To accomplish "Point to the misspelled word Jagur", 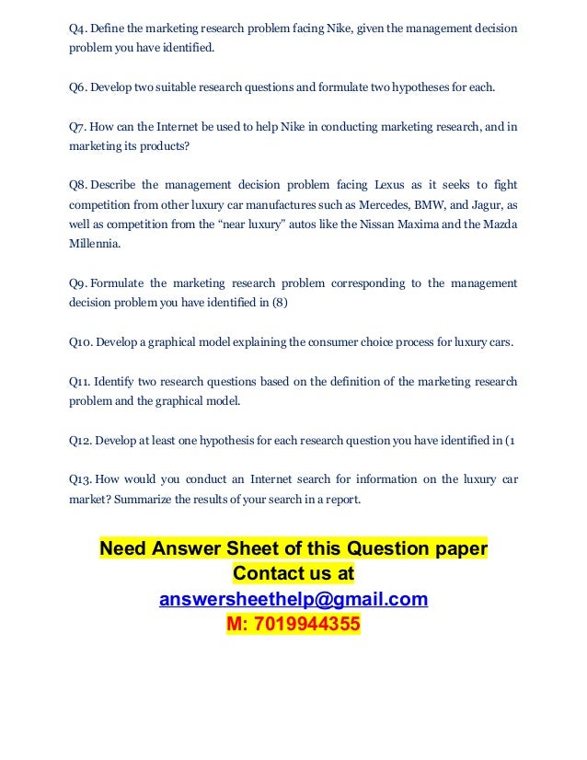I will (484, 205).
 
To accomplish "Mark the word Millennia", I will (95, 245).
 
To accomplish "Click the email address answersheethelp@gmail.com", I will (293, 599).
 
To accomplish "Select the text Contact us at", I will (293, 573).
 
